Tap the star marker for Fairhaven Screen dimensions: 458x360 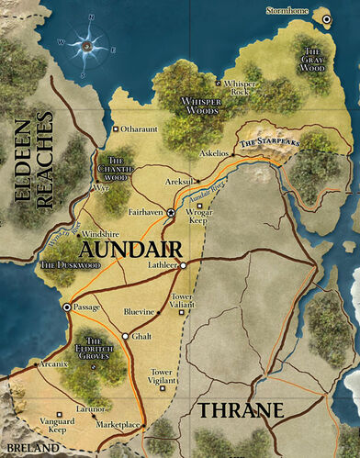point(170,212)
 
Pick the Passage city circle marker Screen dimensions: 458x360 point(66,308)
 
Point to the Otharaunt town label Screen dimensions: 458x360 point(141,129)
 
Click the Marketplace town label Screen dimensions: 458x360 point(118,425)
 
